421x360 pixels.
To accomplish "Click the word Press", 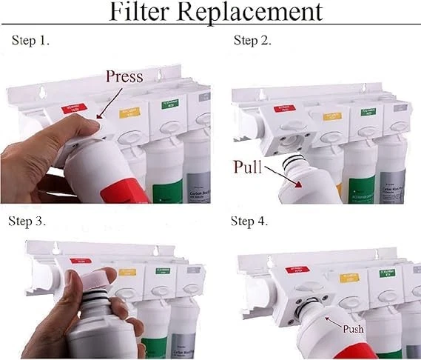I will tap(129, 76).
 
